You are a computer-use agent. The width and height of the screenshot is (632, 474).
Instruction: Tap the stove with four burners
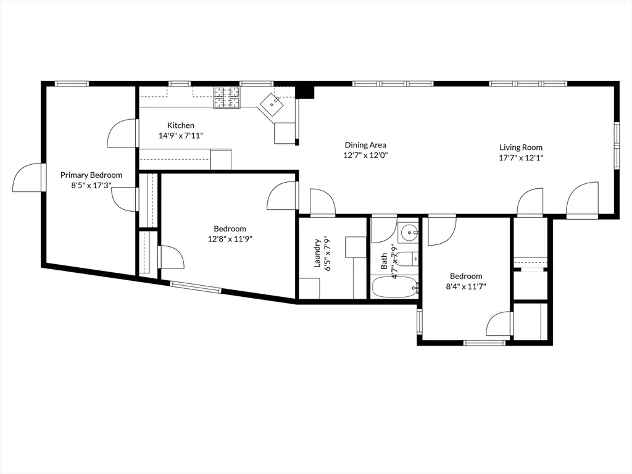tap(227, 98)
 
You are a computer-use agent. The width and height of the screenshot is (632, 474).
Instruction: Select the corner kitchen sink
tap(272, 104)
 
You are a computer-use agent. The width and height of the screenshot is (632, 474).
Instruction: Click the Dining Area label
tap(365, 145)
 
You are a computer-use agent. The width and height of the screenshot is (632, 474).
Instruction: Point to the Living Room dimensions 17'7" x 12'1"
tap(521, 157)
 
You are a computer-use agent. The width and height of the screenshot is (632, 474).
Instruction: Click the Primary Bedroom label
tap(91, 175)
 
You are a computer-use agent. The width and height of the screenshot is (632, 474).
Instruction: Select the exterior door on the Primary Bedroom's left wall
tap(28, 178)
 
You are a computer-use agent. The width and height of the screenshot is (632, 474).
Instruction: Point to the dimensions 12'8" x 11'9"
tap(230, 239)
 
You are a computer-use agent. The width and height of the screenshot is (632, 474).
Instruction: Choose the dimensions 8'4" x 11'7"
tap(465, 287)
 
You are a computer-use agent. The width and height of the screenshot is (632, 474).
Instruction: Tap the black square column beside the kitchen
tap(305, 91)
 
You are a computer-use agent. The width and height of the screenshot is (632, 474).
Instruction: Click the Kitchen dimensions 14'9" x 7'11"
tap(181, 136)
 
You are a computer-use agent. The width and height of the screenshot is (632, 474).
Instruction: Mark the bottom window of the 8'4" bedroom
tap(484, 342)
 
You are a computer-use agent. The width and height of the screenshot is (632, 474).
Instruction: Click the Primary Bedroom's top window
tap(72, 83)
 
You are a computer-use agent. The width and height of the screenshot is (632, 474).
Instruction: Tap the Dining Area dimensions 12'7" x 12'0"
tap(365, 156)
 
